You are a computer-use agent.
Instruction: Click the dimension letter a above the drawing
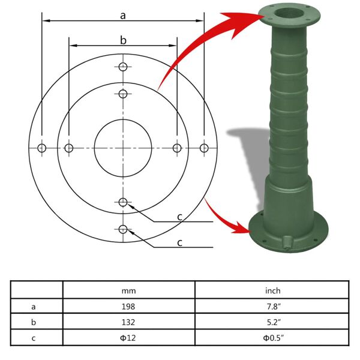(x=122, y=16)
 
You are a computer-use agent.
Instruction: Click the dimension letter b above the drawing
(x=123, y=40)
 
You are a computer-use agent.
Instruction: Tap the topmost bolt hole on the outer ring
(x=123, y=67)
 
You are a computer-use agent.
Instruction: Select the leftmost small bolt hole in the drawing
(x=41, y=148)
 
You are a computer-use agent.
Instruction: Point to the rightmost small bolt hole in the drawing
(x=204, y=148)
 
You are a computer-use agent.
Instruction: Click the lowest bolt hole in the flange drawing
(x=123, y=229)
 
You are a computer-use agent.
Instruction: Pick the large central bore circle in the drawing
(x=123, y=148)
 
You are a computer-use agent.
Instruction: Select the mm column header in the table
(x=128, y=291)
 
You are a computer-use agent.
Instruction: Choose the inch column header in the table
(x=273, y=291)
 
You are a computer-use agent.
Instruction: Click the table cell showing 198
(x=128, y=306)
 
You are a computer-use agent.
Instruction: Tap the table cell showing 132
(x=128, y=322)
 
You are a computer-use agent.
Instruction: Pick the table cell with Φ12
(x=128, y=337)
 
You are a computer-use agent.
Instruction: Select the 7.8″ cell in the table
(x=273, y=306)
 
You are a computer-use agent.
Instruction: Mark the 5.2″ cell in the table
(x=273, y=322)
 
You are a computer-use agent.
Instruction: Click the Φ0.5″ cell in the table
(x=273, y=337)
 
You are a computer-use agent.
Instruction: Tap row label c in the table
(x=34, y=337)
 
